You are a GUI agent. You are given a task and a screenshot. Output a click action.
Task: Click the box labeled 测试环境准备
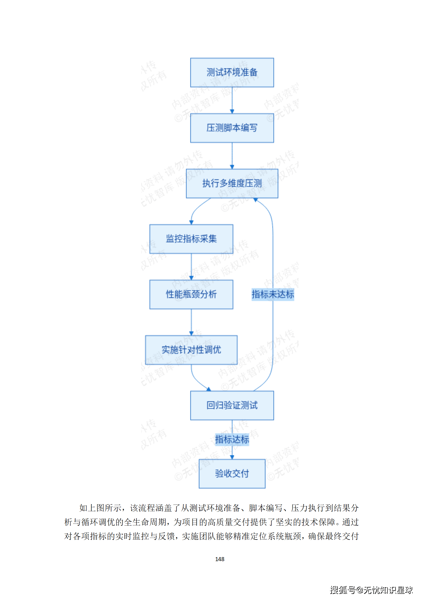(232, 73)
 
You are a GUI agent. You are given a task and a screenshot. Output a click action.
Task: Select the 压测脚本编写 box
(232, 128)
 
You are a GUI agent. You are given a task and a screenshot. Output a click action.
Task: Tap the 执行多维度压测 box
(232, 184)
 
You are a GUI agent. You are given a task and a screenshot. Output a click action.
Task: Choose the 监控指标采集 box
(191, 239)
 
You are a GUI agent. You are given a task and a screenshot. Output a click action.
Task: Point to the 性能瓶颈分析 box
(191, 294)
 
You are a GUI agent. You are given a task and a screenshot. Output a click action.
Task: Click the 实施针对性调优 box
(191, 350)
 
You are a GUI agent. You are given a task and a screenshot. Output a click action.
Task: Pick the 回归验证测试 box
(232, 405)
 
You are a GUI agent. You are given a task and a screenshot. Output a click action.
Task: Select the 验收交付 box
(232, 474)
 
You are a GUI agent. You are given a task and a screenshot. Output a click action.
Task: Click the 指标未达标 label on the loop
(273, 294)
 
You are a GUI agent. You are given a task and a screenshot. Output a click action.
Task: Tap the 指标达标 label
(232, 439)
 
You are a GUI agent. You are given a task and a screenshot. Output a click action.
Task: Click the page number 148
(220, 559)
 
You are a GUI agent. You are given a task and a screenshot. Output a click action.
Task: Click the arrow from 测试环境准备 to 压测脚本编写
(232, 100)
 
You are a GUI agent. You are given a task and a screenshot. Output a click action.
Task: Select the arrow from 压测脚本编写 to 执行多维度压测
(232, 156)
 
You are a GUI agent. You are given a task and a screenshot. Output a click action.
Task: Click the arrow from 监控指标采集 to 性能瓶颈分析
(191, 266)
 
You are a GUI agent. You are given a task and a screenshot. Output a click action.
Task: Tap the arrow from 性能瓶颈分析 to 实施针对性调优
(191, 322)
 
